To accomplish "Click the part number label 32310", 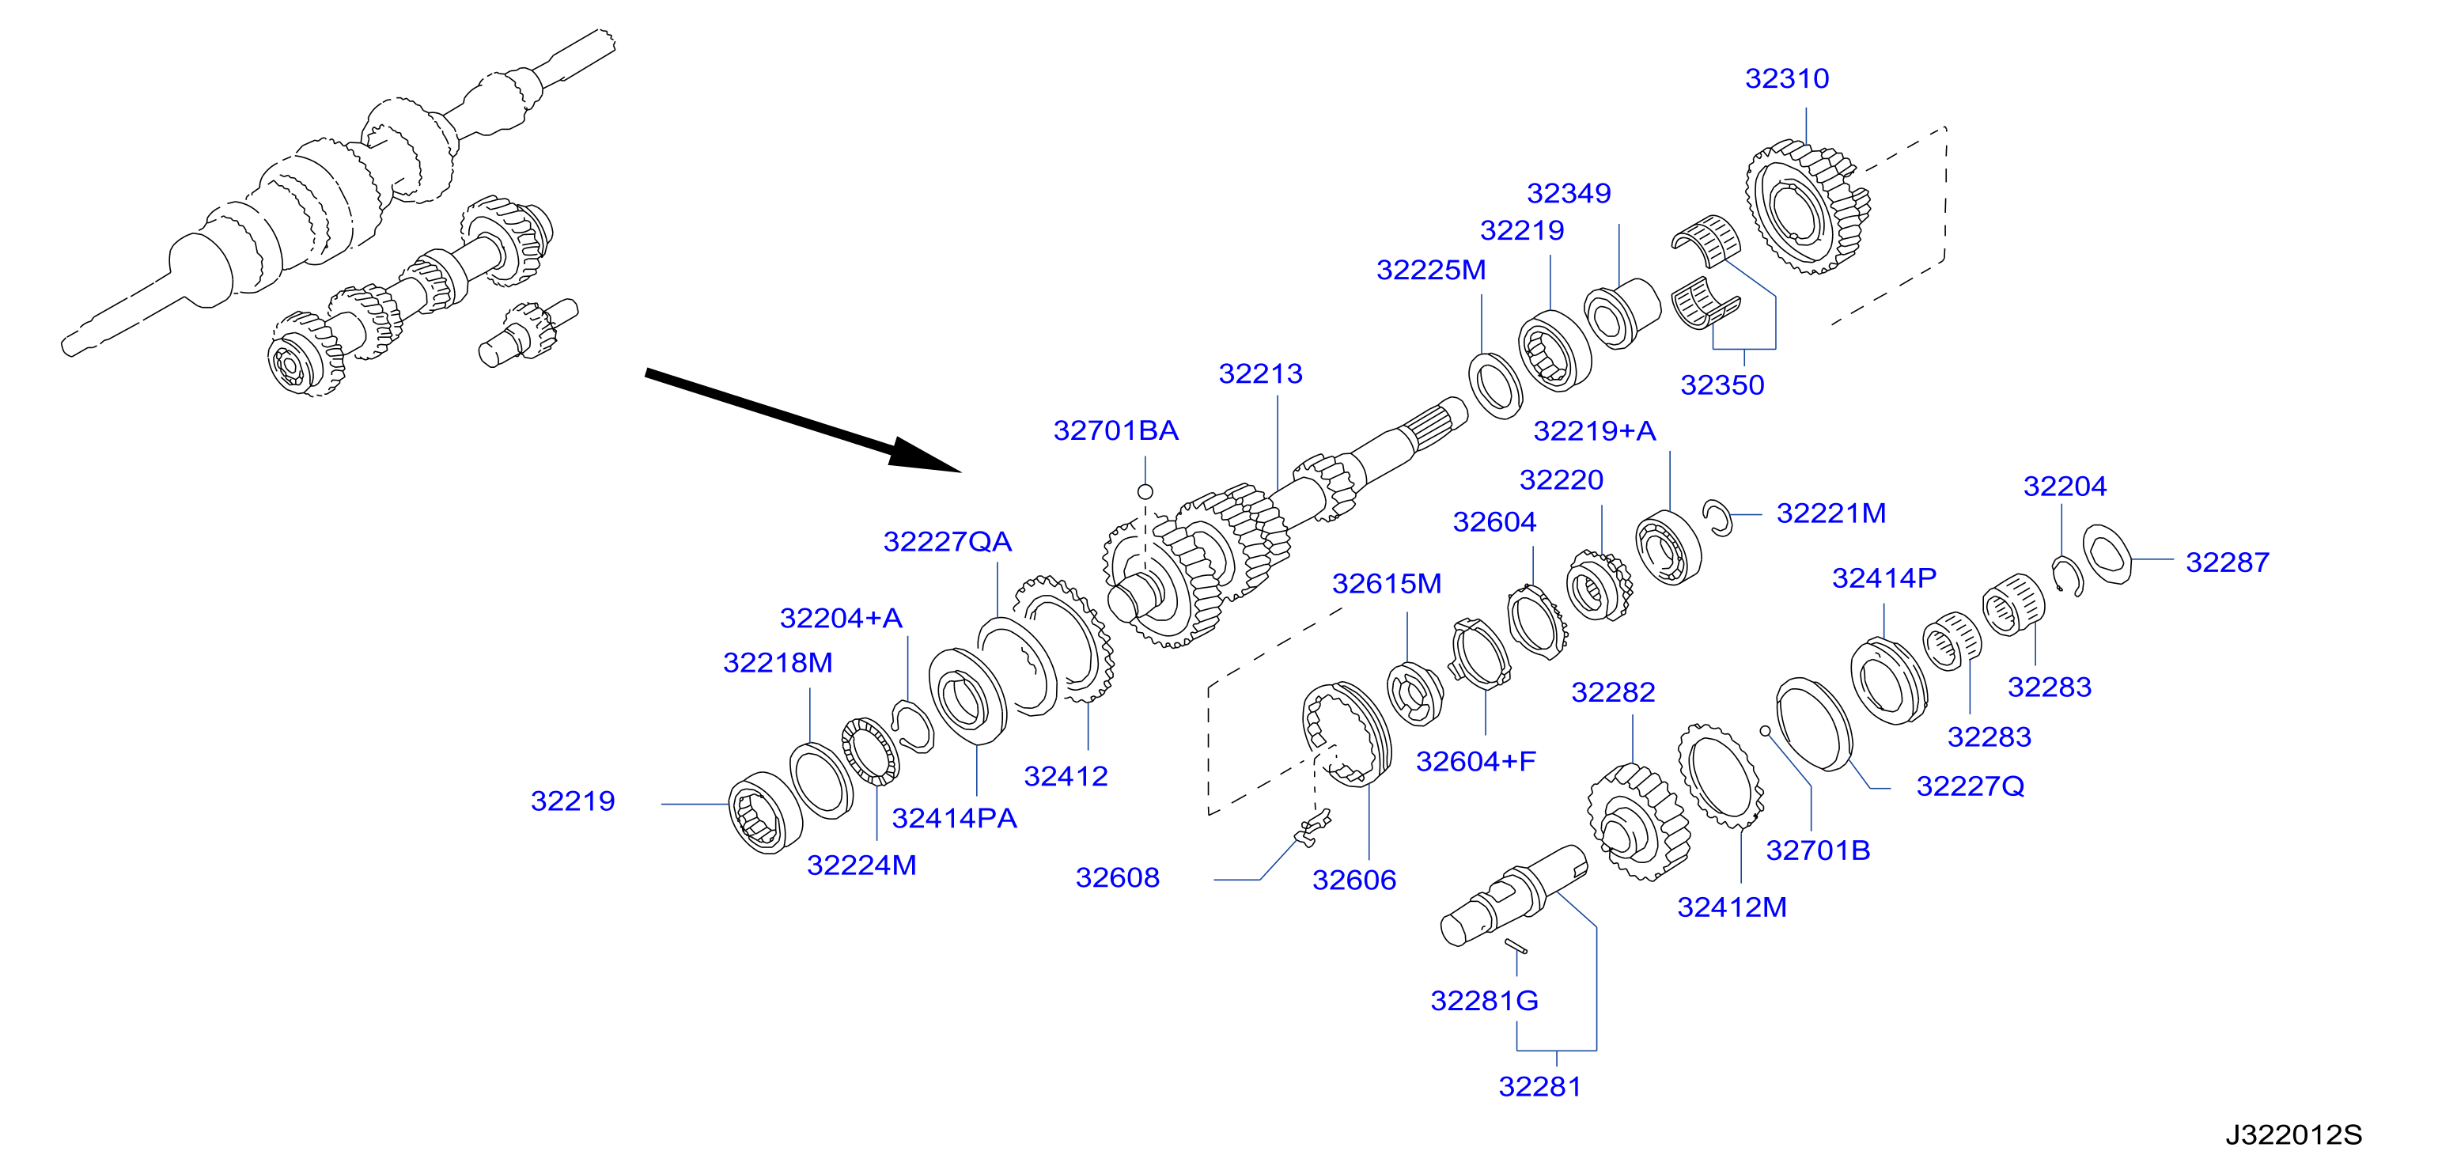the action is [x=1786, y=78].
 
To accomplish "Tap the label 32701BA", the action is [x=1116, y=431].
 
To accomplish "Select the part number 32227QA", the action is [x=947, y=542].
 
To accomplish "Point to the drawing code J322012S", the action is [x=2294, y=1135].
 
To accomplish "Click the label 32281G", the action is [x=1484, y=1001].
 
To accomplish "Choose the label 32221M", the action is [x=1831, y=514].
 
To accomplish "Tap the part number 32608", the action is [x=1117, y=877].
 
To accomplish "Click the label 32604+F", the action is [x=1475, y=761].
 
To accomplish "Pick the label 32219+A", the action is [x=1595, y=431].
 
